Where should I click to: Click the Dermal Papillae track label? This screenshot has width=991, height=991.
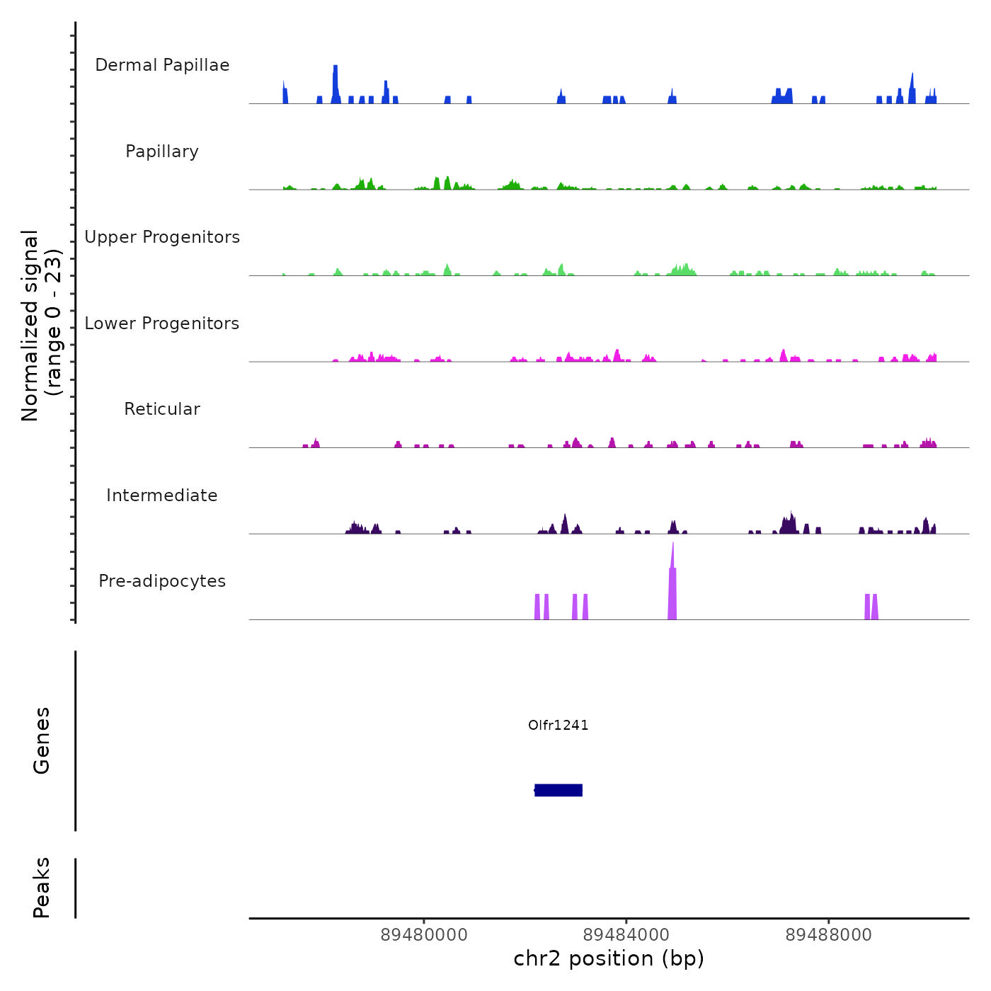[x=162, y=65]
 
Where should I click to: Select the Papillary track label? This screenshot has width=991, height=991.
[x=162, y=151]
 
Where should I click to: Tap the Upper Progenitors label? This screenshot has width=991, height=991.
[x=162, y=237]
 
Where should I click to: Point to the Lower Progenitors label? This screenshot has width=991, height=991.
[x=162, y=323]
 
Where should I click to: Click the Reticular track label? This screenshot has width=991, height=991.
[x=162, y=409]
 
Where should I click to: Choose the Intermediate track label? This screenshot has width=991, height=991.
[x=162, y=495]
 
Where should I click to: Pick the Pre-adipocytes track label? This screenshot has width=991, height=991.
[x=162, y=581]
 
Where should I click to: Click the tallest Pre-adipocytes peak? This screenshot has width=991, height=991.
[x=672, y=580]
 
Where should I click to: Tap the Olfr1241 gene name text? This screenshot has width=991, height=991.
[x=558, y=725]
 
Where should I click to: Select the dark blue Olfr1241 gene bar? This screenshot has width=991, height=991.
[x=558, y=790]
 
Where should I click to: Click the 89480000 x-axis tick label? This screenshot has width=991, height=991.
[x=424, y=935]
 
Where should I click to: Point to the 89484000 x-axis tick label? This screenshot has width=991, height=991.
[x=626, y=935]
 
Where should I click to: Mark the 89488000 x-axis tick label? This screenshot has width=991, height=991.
[x=829, y=935]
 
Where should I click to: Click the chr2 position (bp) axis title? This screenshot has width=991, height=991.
[x=609, y=958]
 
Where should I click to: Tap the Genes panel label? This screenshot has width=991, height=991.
[x=42, y=740]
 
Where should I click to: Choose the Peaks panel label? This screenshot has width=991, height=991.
[x=42, y=888]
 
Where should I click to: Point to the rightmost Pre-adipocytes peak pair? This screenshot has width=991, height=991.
[x=871, y=607]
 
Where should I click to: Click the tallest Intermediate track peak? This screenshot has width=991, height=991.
[x=791, y=522]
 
